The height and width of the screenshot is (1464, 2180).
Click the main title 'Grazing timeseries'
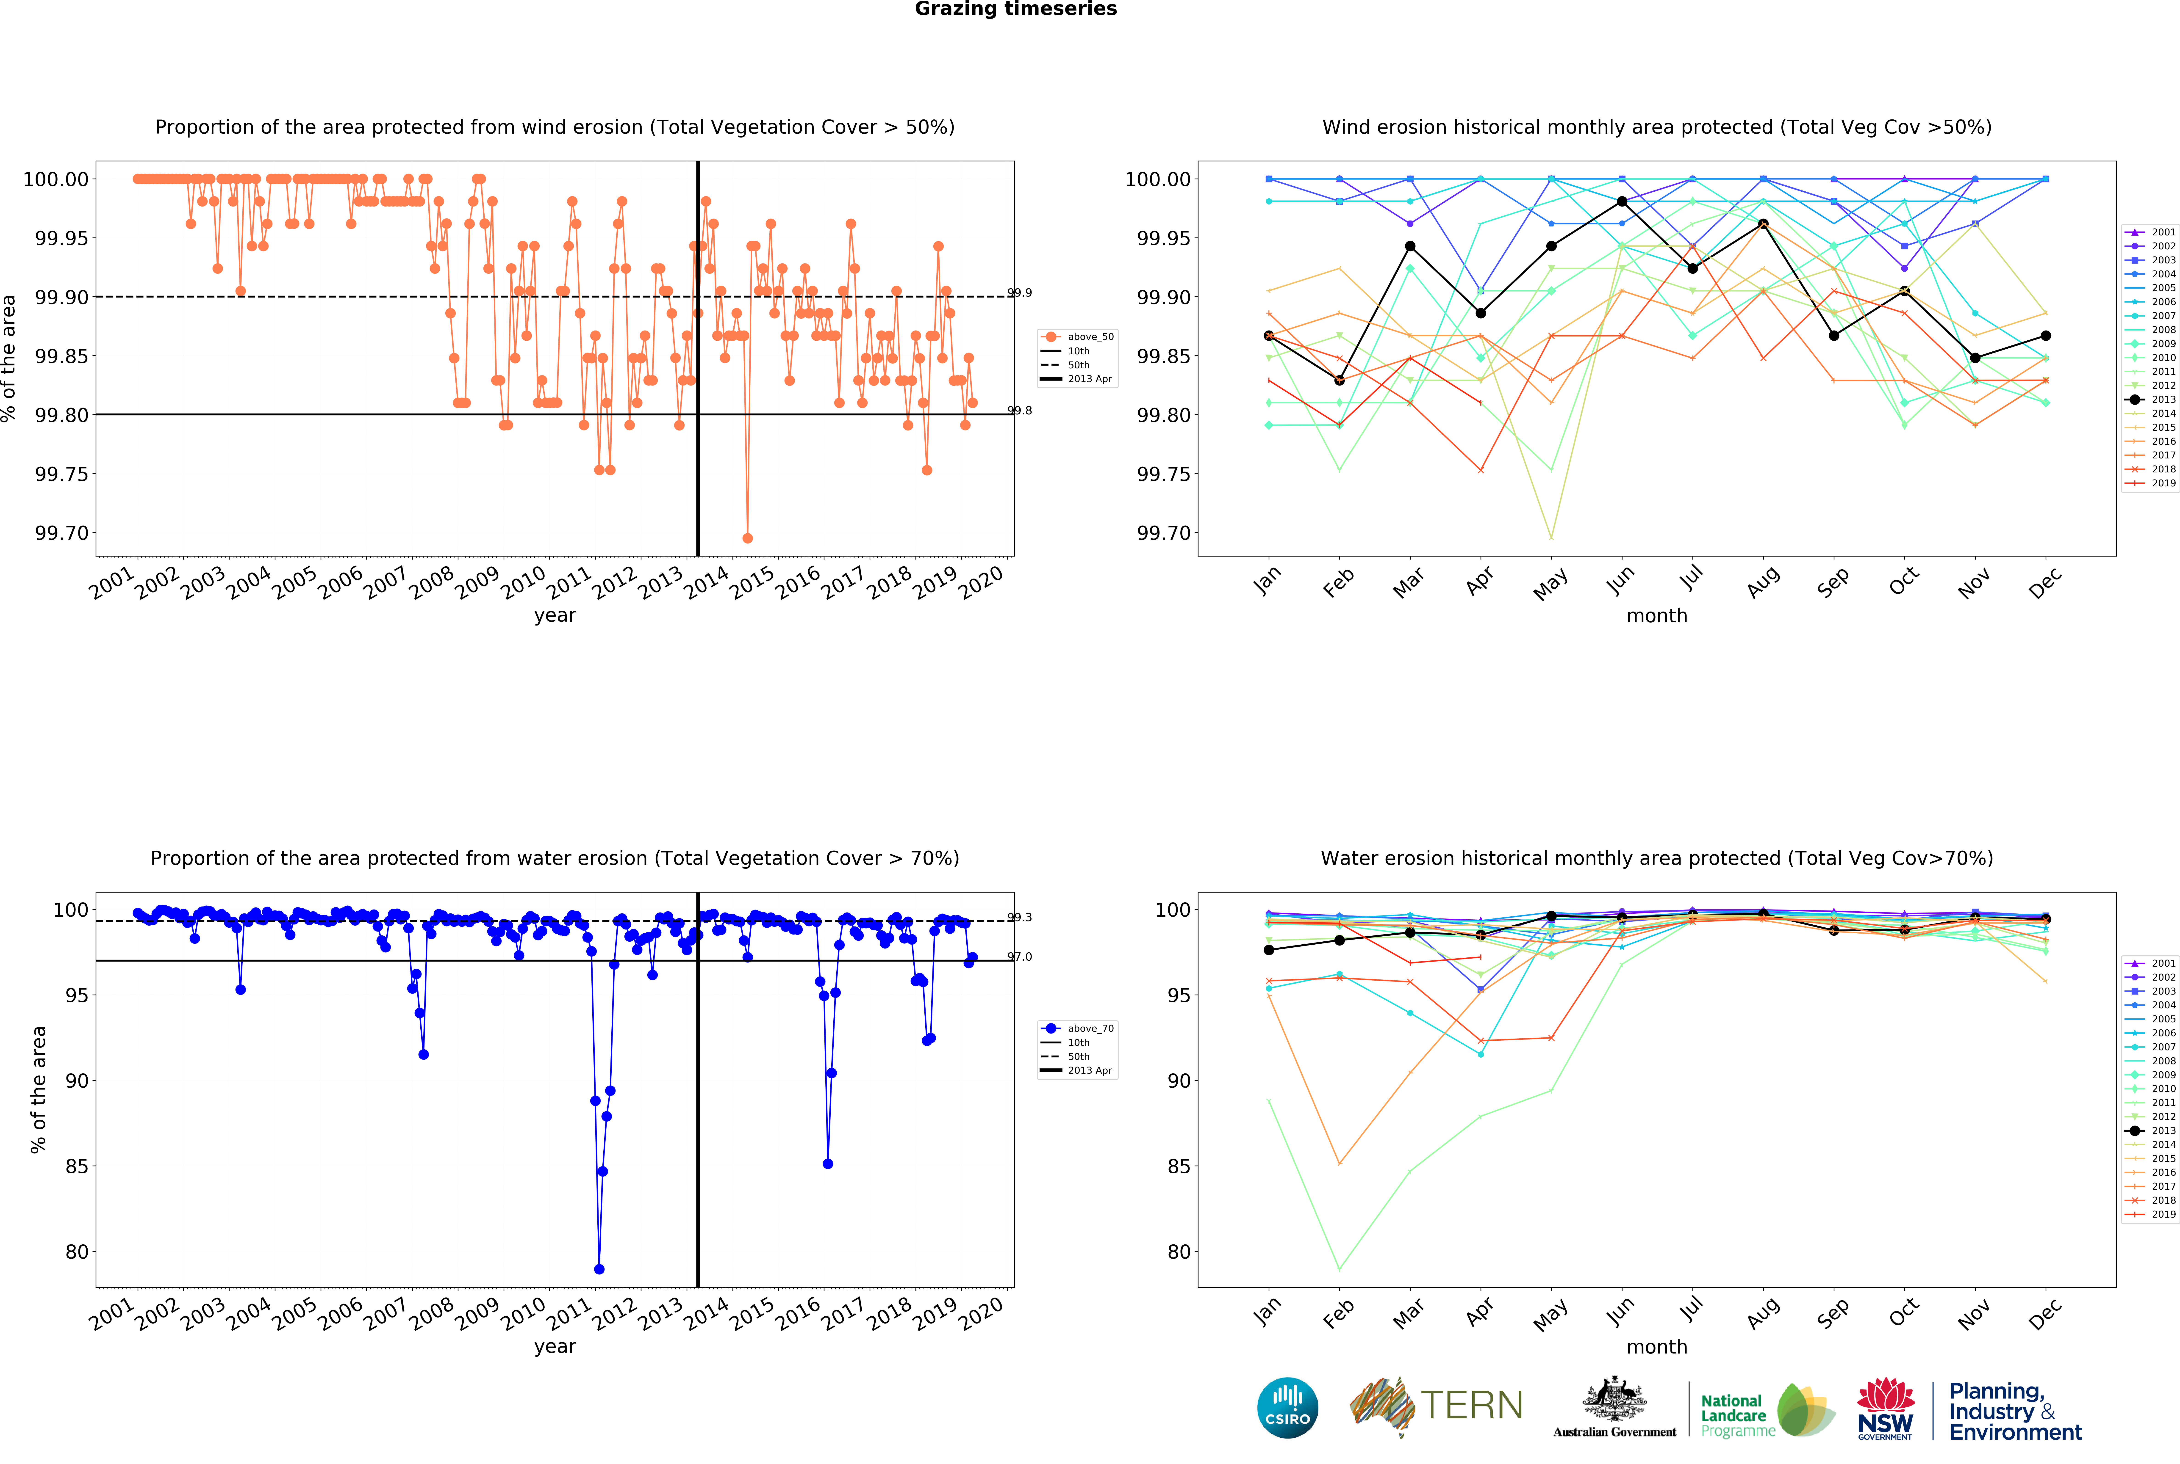[1015, 9]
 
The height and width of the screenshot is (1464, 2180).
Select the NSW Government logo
[1885, 1408]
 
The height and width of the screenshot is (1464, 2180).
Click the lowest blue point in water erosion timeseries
[599, 1269]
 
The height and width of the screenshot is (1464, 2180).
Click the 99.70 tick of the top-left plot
[62, 533]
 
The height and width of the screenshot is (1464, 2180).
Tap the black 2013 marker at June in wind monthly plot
[1621, 202]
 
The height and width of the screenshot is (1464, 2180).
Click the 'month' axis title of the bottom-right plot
[1657, 1346]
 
